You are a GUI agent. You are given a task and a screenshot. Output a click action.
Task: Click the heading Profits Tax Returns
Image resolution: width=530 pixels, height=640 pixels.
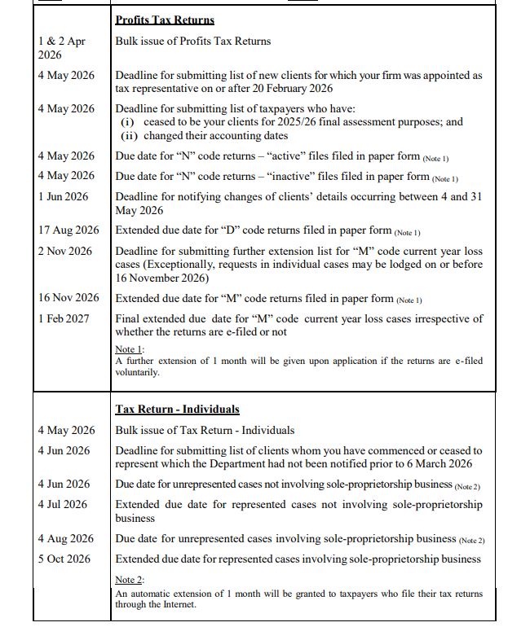point(165,20)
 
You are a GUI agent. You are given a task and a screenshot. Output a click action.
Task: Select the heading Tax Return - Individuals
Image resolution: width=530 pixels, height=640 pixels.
point(177,409)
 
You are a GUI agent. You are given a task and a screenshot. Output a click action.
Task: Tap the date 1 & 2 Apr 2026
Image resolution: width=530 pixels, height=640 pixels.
point(61,48)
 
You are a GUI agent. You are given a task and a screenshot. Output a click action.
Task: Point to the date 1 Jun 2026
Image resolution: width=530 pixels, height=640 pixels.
point(63,196)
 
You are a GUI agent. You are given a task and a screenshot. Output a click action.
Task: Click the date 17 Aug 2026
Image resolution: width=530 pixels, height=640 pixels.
point(68,230)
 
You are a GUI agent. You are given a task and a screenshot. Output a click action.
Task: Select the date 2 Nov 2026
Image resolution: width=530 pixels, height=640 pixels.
point(65,251)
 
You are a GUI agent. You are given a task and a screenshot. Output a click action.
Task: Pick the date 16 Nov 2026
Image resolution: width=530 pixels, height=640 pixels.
point(68,298)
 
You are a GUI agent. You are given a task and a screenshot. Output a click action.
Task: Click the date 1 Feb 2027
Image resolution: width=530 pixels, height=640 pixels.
point(65,318)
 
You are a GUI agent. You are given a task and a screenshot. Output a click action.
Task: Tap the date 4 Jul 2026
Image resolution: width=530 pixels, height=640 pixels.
point(62,504)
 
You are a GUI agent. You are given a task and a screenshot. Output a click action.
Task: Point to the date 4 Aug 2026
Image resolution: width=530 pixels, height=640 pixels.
point(65,538)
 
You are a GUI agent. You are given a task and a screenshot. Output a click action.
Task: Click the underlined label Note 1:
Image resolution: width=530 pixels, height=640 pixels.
point(129,348)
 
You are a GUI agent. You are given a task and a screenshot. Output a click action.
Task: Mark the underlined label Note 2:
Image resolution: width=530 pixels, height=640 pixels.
point(129,580)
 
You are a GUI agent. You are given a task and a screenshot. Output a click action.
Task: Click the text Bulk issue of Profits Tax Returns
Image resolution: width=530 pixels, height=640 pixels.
point(193,41)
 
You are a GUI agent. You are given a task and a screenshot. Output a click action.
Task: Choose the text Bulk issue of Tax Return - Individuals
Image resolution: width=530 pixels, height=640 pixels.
point(205,430)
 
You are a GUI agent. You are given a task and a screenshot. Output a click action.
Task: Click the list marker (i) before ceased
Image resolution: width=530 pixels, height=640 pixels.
point(127,122)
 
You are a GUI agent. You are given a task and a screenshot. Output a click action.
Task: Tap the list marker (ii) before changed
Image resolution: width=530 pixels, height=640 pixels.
point(129,135)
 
